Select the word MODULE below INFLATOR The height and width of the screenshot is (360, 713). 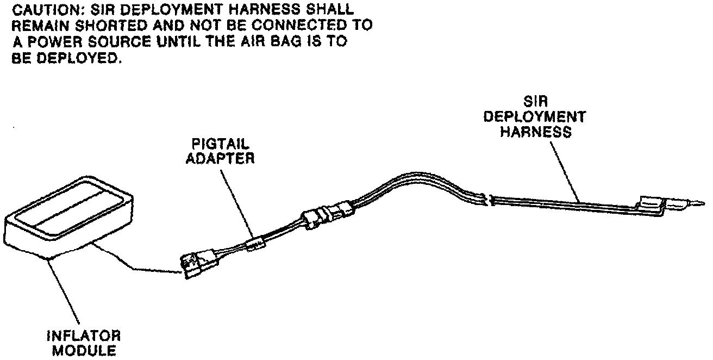[x=85, y=350]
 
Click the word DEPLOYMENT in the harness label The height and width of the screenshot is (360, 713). [x=535, y=117]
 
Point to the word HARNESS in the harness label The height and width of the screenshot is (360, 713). [x=535, y=132]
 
